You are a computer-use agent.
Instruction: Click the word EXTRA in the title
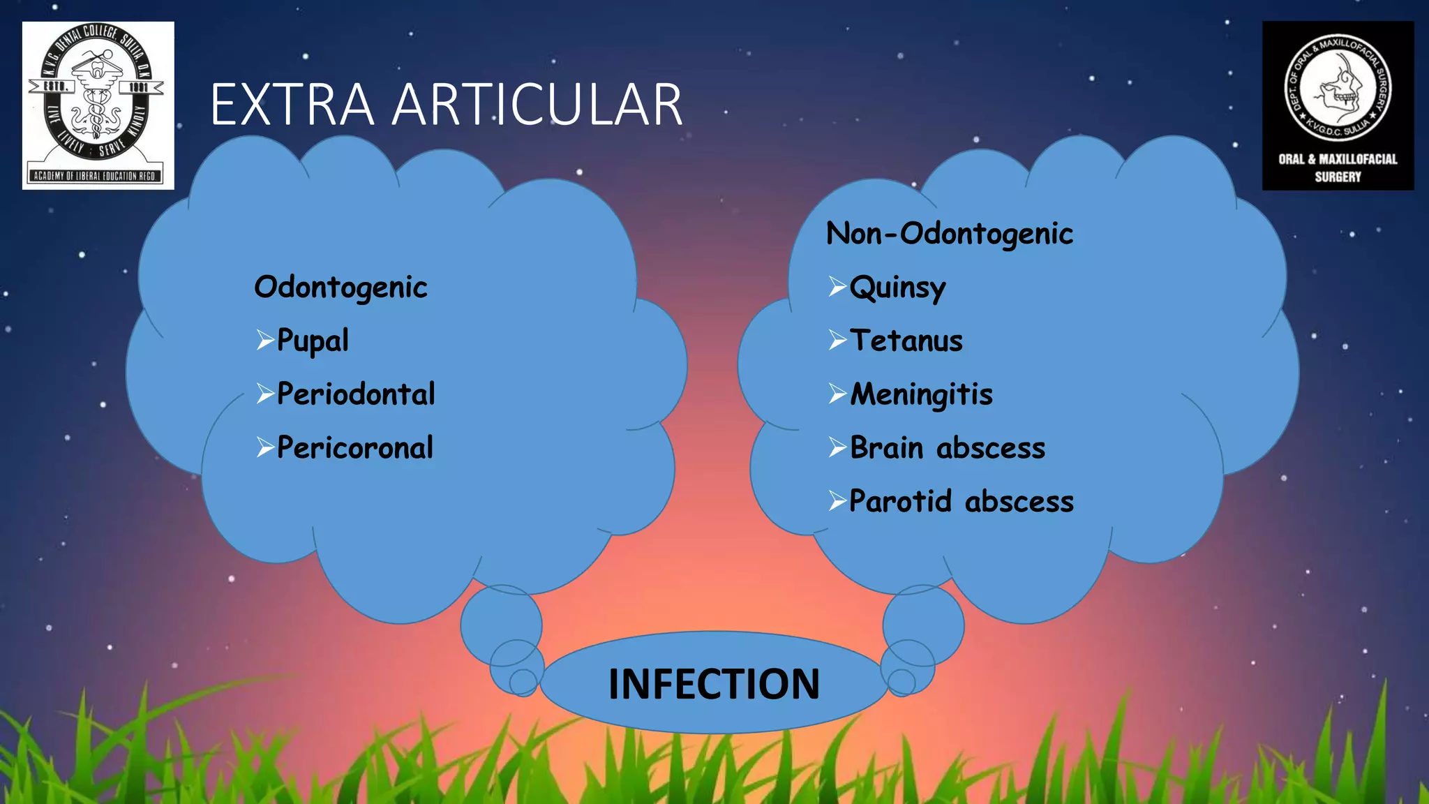[292, 105]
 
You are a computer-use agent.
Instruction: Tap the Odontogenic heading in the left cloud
[341, 288]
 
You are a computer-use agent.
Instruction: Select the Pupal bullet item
[313, 341]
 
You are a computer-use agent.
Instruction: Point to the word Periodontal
[356, 394]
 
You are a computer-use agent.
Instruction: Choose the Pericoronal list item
[355, 448]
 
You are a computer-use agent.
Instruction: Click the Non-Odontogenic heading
[949, 234]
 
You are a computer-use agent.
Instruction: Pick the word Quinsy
[897, 288]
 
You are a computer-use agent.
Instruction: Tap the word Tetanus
[906, 341]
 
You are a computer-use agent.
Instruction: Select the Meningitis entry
[921, 395]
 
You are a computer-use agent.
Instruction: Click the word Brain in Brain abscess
[886, 448]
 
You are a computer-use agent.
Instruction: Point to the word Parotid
[900, 502]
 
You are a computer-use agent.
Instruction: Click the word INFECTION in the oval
[714, 684]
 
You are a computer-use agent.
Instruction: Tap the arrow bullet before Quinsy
[837, 286]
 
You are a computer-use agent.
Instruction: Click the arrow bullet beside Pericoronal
[264, 447]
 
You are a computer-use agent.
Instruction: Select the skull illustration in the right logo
[1338, 88]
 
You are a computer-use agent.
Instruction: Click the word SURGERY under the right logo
[1338, 177]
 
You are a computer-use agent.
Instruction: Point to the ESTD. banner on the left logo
[56, 87]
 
